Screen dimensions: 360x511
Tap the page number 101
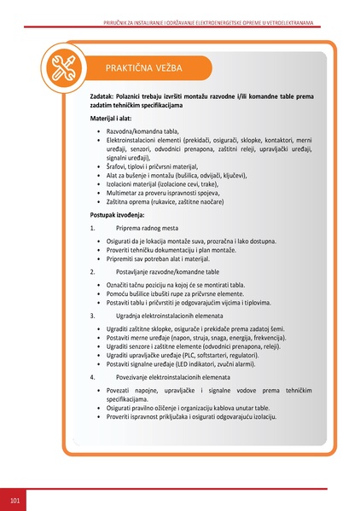coord(15,497)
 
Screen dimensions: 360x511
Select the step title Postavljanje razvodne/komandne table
coord(168,270)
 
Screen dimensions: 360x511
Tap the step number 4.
coord(92,375)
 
